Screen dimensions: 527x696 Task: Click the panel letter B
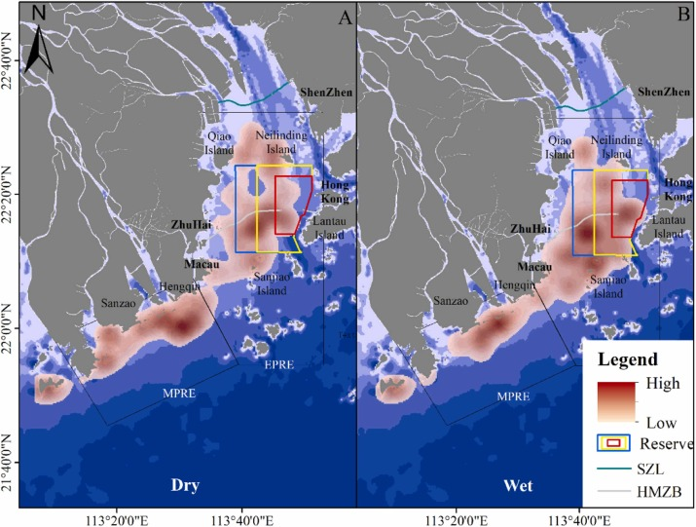681,18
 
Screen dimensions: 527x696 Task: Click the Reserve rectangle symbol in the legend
614,443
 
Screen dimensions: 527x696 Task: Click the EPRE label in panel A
277,364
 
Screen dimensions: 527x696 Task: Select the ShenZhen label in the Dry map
327,94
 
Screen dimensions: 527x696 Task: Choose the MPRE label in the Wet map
517,397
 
